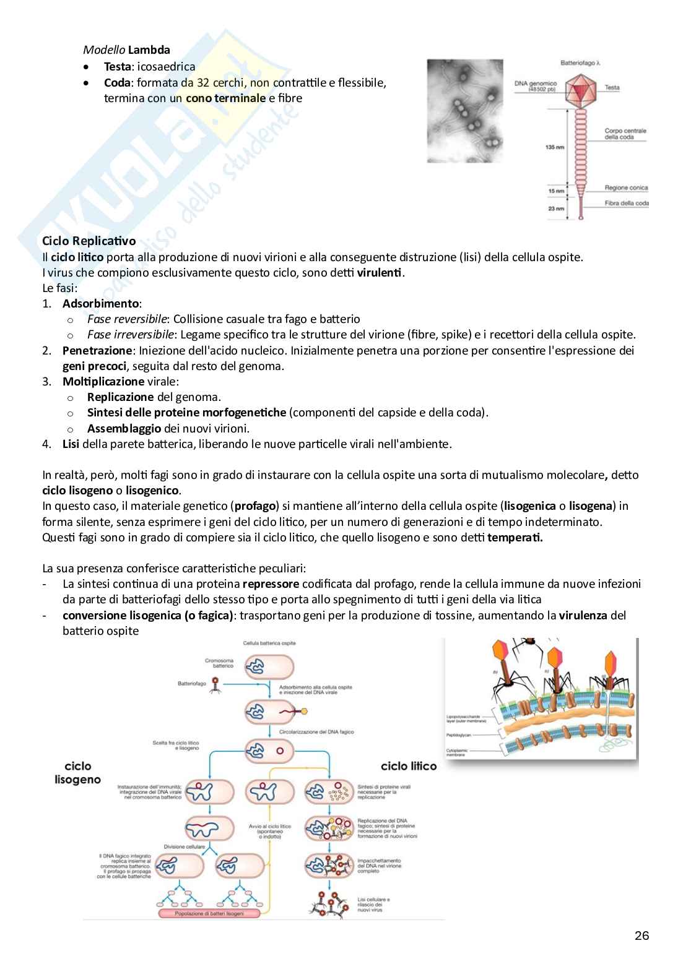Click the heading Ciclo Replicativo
point(89,241)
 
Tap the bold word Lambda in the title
point(149,50)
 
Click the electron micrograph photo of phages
point(464,111)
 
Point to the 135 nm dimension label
point(554,148)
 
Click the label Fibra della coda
point(627,203)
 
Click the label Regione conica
point(626,187)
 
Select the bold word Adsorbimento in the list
point(100,303)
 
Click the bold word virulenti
point(380,272)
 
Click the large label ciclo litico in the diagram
point(408,766)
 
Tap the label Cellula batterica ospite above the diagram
point(269,643)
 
